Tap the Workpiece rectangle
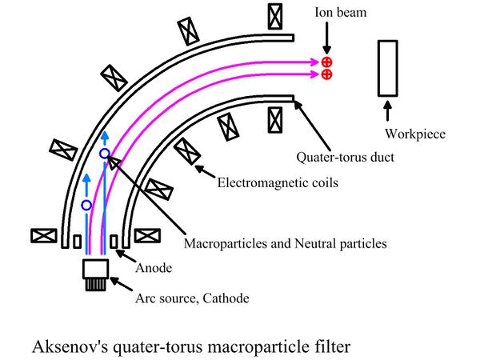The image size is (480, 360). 390,68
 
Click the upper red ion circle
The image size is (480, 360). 326,62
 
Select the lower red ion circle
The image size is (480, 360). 326,75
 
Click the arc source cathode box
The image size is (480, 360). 95,270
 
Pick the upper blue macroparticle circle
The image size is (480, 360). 104,152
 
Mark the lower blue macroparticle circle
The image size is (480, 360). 86,206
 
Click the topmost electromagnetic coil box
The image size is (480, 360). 275,14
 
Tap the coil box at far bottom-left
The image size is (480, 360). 42,236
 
